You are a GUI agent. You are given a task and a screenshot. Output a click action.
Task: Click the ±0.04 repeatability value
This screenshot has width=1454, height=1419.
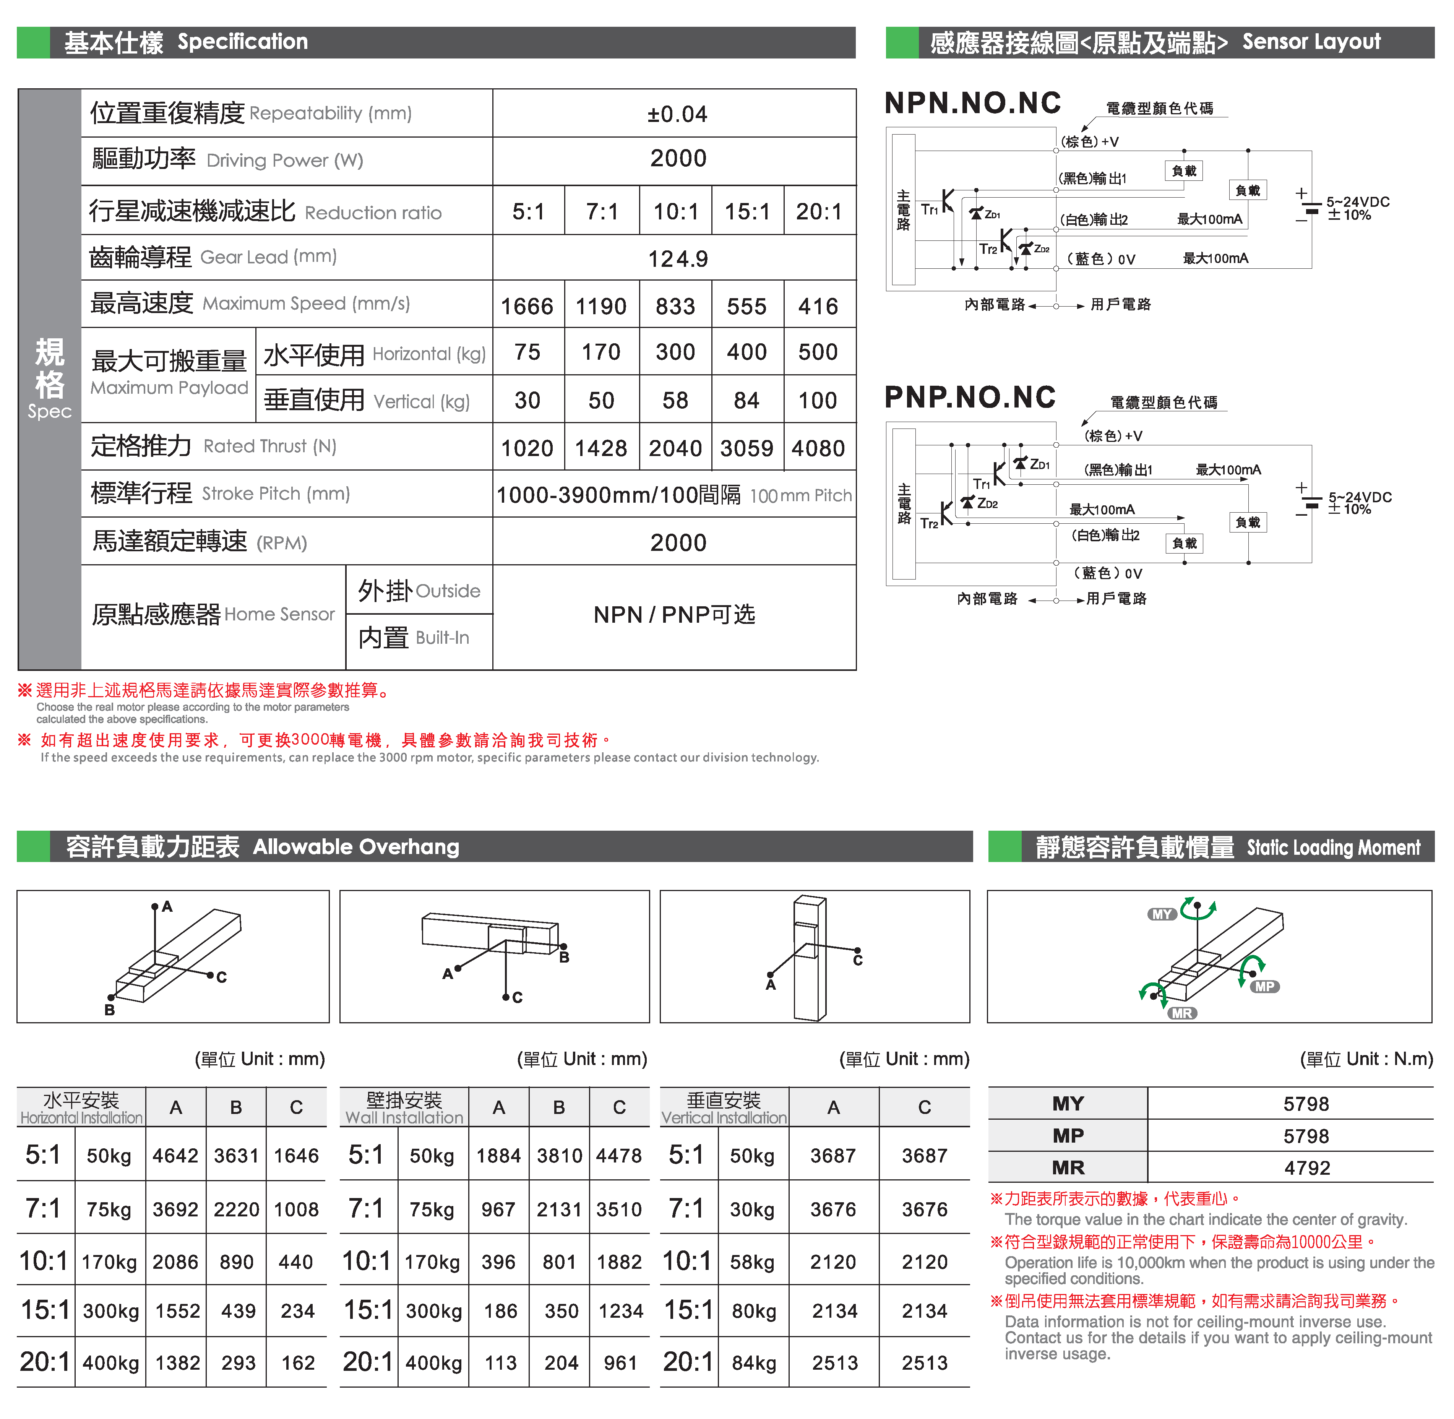pos(677,114)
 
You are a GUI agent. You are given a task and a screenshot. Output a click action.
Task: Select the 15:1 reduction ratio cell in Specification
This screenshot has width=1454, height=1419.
pos(747,212)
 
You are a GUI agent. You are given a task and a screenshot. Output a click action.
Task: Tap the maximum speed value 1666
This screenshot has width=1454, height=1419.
pos(527,306)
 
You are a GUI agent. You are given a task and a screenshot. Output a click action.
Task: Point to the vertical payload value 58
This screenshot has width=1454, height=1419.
pos(675,400)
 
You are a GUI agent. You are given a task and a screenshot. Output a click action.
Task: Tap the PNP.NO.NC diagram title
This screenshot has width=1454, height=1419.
pos(970,397)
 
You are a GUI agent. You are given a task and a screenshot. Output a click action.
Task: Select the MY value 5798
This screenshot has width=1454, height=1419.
pos(1306,1104)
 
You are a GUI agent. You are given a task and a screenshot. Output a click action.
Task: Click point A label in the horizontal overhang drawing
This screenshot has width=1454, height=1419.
pos(167,906)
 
